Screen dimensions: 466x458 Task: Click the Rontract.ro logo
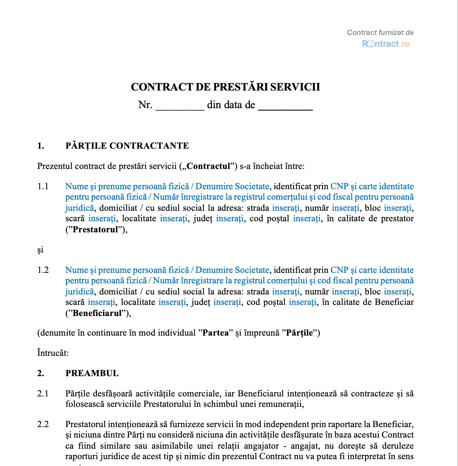[386, 44]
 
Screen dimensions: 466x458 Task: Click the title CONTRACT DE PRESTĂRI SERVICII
[225, 87]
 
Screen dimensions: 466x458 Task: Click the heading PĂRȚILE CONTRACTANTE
[127, 146]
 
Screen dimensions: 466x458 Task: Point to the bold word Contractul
[208, 166]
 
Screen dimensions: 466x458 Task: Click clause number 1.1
[43, 187]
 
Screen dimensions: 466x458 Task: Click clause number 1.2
[43, 270]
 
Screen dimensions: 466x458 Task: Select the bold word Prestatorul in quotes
[95, 230]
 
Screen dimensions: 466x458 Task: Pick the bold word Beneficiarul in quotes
[97, 313]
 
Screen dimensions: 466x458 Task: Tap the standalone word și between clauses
[40, 250]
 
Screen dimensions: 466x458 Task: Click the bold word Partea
[216, 333]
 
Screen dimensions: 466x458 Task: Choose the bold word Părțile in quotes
[299, 333]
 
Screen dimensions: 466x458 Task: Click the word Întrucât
[53, 353]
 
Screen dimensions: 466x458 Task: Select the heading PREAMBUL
[92, 374]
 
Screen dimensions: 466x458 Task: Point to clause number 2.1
[43, 394]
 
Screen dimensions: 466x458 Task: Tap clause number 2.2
[43, 424]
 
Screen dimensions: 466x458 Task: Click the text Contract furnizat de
[380, 33]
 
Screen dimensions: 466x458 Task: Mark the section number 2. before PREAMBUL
[41, 374]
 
